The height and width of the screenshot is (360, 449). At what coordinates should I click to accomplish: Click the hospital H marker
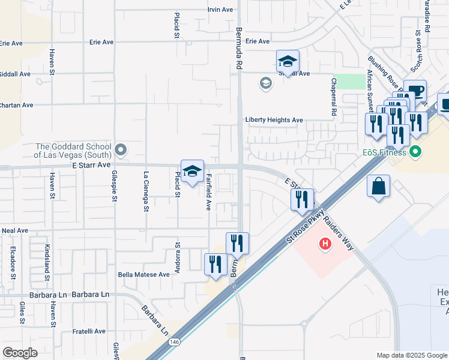[325, 244]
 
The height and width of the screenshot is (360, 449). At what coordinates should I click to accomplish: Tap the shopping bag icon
[379, 187]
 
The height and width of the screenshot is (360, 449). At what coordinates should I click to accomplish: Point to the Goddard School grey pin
[121, 149]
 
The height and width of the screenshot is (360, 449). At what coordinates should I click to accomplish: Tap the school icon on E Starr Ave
[192, 172]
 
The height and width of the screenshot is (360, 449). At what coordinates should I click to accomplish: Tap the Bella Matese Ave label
[144, 274]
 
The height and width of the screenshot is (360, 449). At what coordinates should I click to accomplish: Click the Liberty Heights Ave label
[274, 120]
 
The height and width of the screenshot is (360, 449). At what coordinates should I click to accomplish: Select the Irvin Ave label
[220, 10]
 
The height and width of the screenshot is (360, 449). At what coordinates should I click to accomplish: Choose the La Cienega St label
[146, 192]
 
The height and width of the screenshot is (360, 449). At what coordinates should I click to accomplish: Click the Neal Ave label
[15, 230]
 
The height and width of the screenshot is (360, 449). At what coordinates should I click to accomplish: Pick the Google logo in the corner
[20, 353]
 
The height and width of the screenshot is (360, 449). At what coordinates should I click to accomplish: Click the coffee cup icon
[415, 92]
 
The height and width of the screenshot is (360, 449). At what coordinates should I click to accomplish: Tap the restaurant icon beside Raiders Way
[302, 199]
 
